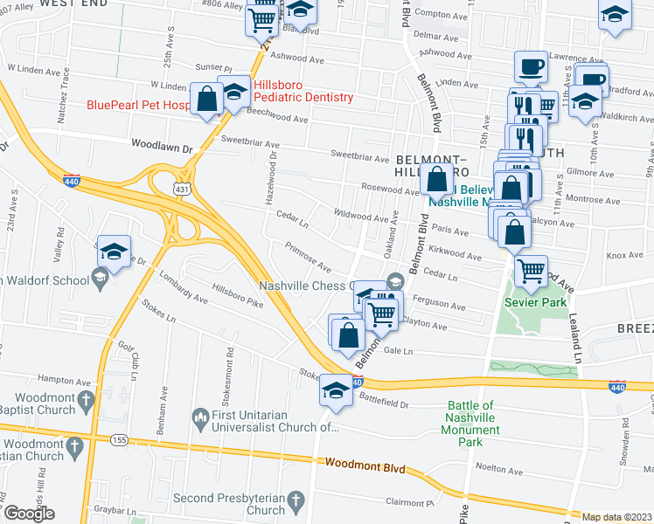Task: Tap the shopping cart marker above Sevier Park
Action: click(x=531, y=271)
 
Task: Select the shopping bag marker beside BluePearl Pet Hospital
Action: click(x=208, y=99)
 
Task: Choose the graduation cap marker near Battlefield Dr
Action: click(x=336, y=390)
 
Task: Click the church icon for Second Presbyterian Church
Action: click(x=296, y=500)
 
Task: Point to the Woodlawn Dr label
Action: click(x=162, y=148)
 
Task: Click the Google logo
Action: click(x=29, y=514)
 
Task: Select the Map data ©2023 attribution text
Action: click(x=616, y=517)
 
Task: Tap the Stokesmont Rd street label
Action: click(x=230, y=368)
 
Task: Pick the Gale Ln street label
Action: click(x=421, y=350)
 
